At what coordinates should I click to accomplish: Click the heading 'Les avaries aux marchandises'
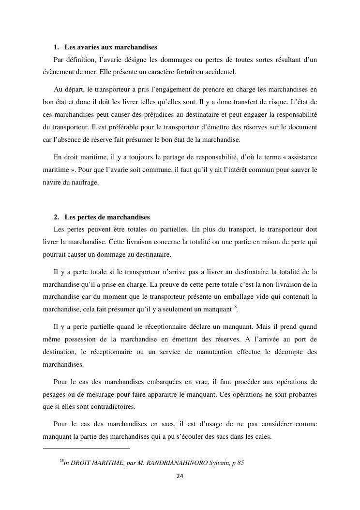pos(110,47)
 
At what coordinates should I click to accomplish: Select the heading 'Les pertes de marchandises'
pos(107,216)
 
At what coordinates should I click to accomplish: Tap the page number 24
pos(180,476)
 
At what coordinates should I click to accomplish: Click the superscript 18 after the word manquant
pos(234,306)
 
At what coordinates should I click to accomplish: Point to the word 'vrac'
pos(180,382)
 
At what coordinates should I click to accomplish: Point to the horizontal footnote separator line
pos(87,448)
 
